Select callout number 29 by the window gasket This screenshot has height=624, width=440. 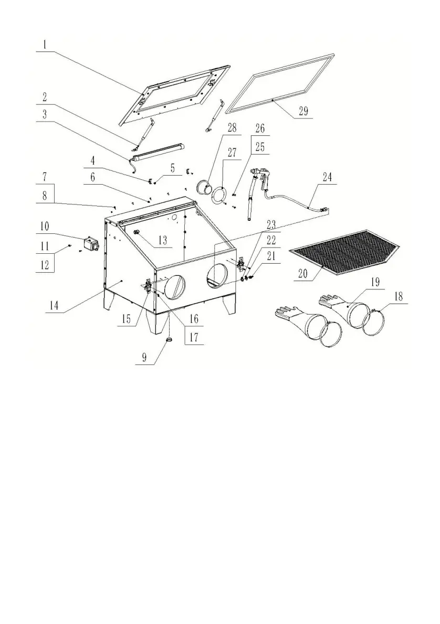pos(304,112)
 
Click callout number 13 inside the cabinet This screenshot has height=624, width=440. pos(163,241)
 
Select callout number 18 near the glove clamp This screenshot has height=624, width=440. pos(400,296)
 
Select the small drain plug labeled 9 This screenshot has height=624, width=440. pos(170,341)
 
